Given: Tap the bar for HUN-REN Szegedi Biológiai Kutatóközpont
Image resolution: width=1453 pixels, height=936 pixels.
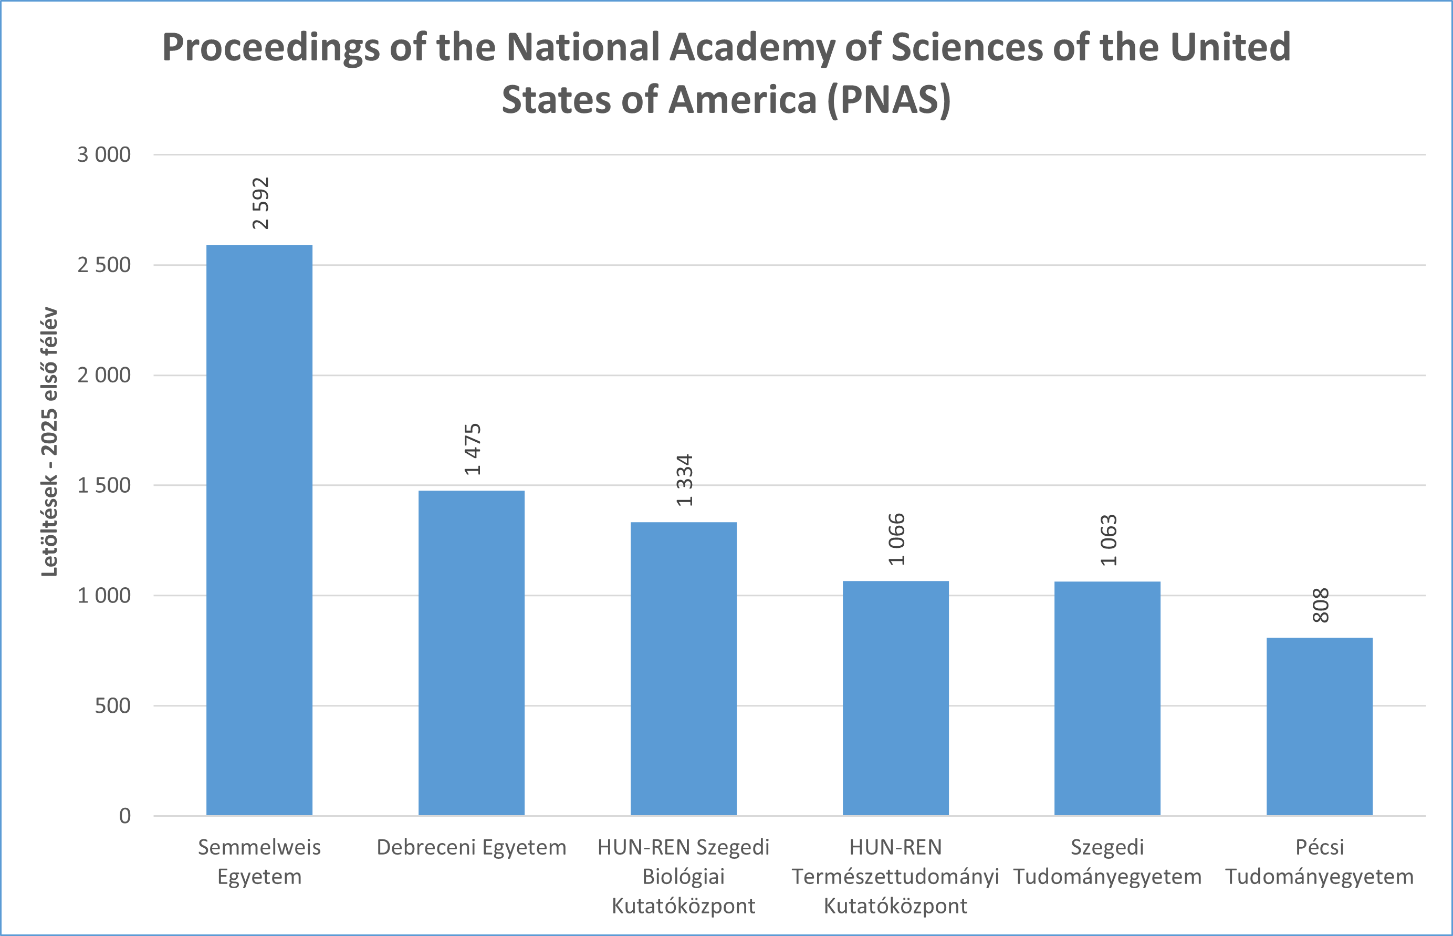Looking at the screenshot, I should (683, 668).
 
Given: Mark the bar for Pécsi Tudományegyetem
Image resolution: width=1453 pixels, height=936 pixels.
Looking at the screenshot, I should (1320, 726).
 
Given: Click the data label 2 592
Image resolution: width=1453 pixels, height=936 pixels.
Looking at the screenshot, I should (260, 203).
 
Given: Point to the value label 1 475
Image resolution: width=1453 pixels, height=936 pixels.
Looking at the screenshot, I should (473, 449).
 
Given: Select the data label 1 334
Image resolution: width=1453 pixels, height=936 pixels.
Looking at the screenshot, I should (685, 480).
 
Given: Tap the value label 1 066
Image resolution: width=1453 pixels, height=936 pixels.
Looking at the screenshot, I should (896, 539).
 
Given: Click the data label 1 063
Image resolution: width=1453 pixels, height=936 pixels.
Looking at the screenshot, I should (1109, 540).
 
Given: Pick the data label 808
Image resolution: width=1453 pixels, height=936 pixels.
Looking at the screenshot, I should (1321, 606).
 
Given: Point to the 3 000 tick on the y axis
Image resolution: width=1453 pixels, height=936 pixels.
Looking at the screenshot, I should (104, 155).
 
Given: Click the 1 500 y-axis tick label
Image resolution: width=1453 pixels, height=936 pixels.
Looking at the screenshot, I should (104, 486).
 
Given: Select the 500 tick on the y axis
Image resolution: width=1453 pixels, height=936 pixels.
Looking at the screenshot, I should (112, 706).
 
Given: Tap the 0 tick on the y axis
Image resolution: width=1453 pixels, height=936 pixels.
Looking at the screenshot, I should (124, 816).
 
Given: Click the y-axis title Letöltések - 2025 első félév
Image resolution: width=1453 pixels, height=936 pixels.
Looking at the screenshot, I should (49, 442).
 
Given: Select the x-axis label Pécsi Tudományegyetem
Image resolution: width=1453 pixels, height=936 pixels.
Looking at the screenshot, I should (1320, 862).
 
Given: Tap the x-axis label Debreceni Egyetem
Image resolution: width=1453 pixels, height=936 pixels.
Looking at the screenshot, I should (472, 847).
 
